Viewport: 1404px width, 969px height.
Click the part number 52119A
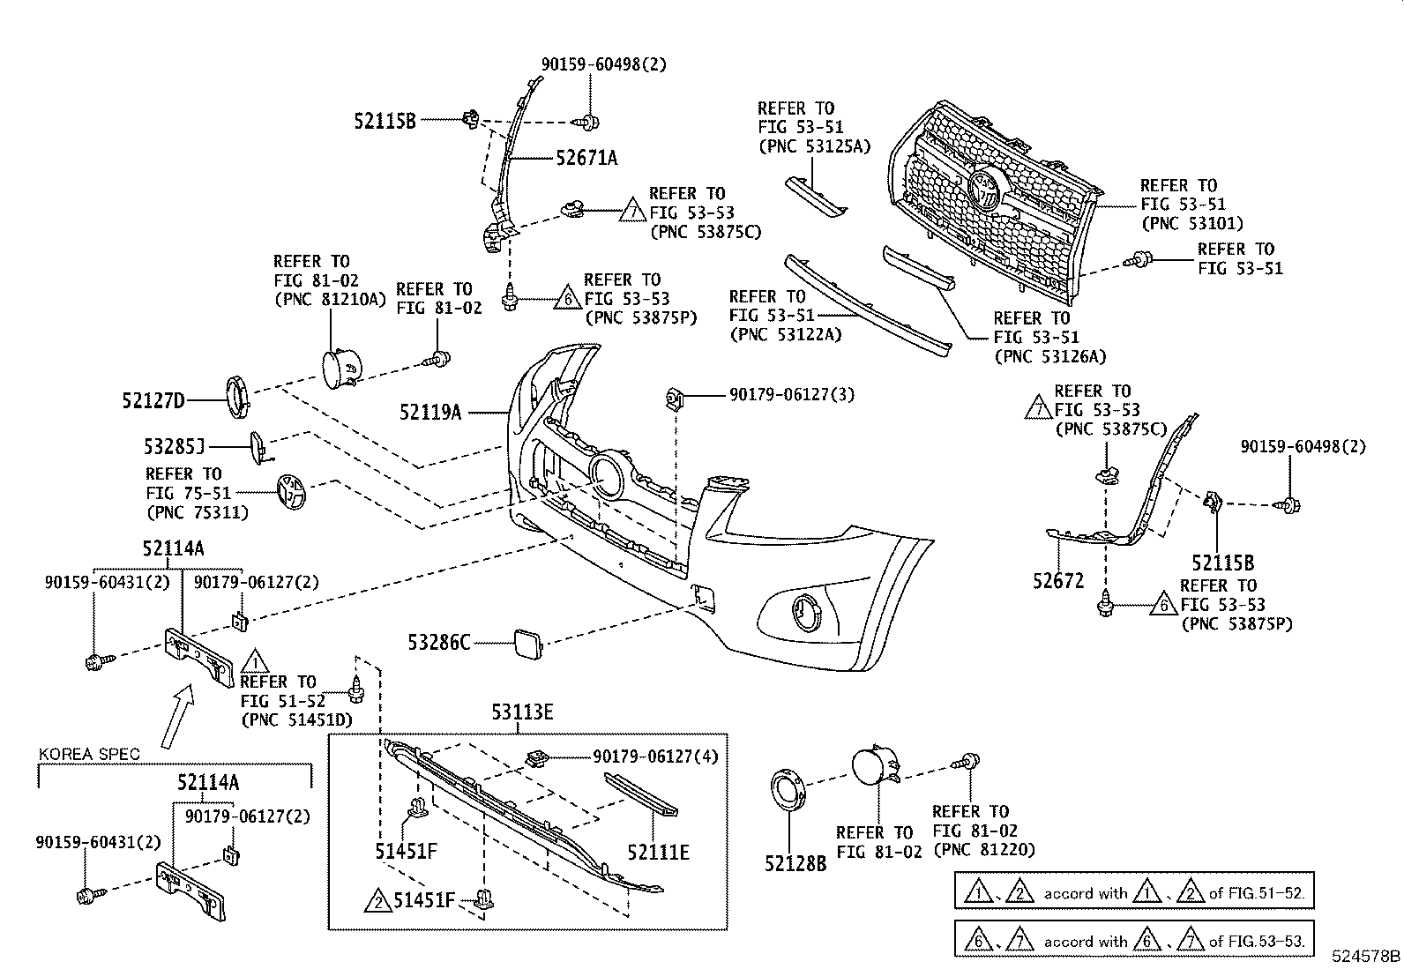[x=430, y=413]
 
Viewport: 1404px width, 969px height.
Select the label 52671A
[x=586, y=158]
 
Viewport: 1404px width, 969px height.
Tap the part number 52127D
[x=153, y=400]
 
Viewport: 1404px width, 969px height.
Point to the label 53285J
[x=175, y=446]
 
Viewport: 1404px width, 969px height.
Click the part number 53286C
[x=439, y=643]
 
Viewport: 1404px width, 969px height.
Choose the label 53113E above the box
[x=522, y=712]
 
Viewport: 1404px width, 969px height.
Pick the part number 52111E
[x=658, y=853]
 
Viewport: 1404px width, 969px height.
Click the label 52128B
[x=795, y=864]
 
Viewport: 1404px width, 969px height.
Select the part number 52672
[x=1058, y=581]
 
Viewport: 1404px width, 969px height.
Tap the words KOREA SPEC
[x=89, y=754]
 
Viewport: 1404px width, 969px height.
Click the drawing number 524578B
[x=1366, y=956]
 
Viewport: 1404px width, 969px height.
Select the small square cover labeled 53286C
[x=527, y=645]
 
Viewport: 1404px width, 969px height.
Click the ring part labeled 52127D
[x=237, y=396]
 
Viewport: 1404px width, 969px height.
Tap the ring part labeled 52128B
[x=788, y=790]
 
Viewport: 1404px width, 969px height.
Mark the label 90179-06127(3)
[x=792, y=395]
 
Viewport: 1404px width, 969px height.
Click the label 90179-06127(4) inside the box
[x=655, y=757]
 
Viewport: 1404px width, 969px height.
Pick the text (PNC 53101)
[x=1192, y=223]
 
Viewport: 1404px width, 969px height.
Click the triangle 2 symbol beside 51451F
[x=378, y=901]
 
